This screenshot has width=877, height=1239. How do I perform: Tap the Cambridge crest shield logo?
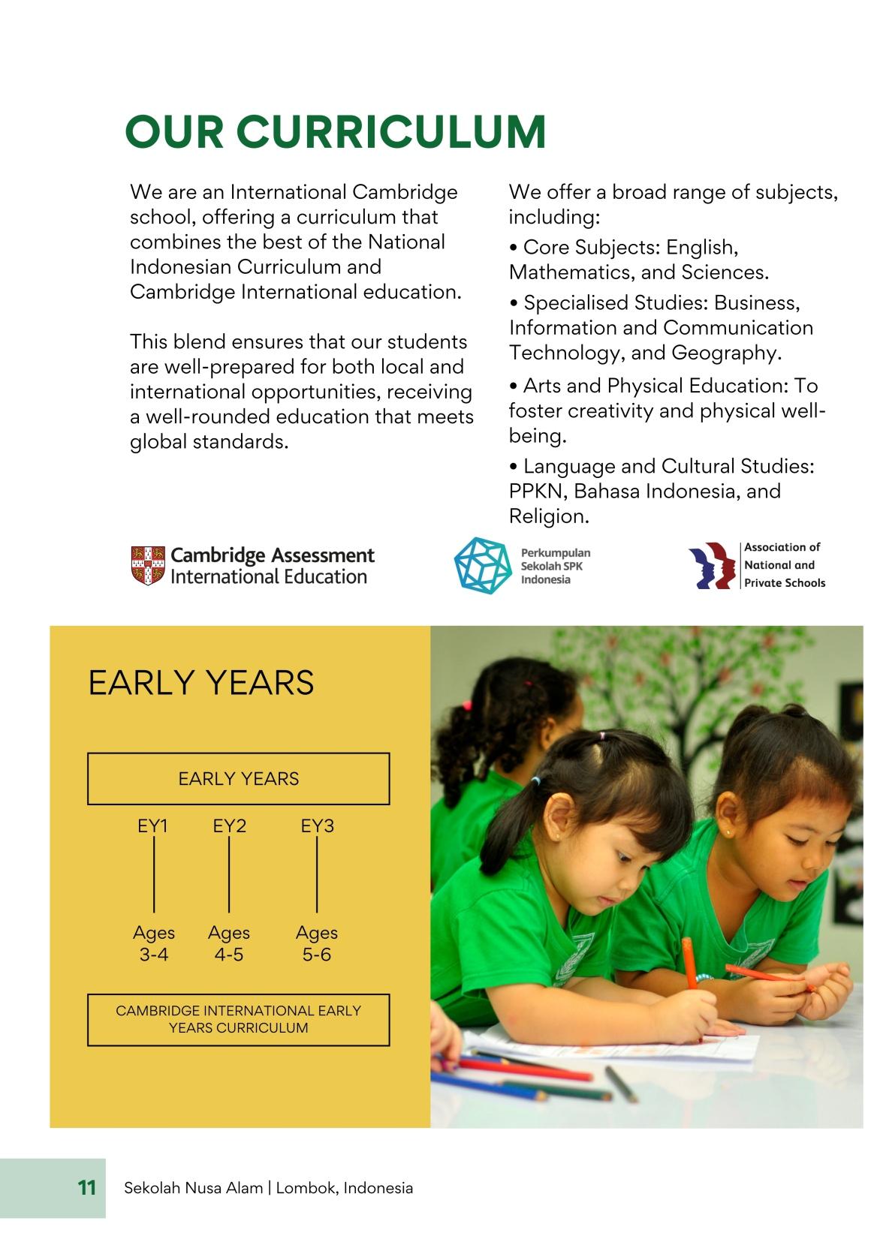pyautogui.click(x=147, y=565)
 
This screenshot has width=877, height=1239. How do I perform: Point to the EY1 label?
pyautogui.click(x=152, y=826)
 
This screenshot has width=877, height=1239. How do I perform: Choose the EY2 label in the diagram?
pyautogui.click(x=229, y=826)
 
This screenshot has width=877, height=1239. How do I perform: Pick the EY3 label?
pyautogui.click(x=317, y=826)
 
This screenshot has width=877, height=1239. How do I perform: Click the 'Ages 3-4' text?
pyautogui.click(x=154, y=943)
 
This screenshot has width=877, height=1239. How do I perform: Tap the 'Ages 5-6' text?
pyautogui.click(x=317, y=943)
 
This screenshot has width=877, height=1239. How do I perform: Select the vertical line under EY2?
pyautogui.click(x=229, y=875)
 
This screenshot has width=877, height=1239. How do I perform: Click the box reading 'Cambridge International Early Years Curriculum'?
pyautogui.click(x=238, y=1019)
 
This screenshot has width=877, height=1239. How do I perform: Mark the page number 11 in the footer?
pyautogui.click(x=87, y=1188)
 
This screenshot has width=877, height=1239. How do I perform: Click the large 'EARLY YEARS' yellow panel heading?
pyautogui.click(x=201, y=683)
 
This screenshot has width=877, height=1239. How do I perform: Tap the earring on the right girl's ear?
pyautogui.click(x=728, y=833)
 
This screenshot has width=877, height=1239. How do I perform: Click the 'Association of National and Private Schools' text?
pyautogui.click(x=784, y=565)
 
